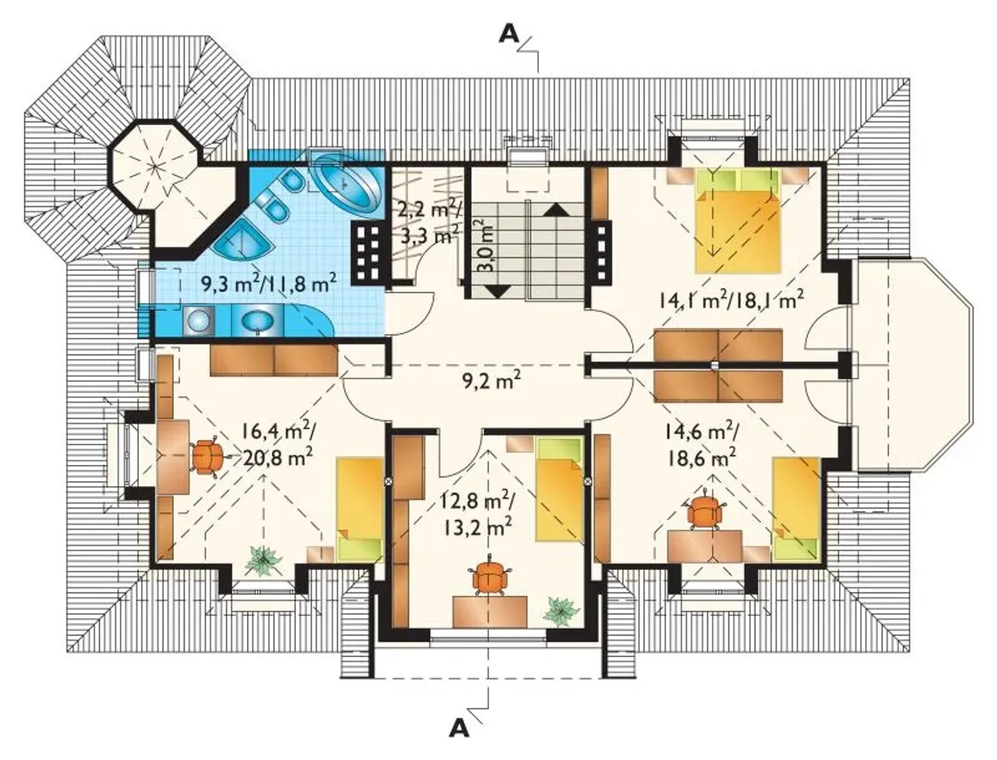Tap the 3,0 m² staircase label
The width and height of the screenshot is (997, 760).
(x=483, y=246)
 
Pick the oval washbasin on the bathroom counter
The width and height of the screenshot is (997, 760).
(x=258, y=322)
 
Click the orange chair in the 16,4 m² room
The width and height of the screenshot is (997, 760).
(x=207, y=457)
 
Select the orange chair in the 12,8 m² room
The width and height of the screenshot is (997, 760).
(x=488, y=576)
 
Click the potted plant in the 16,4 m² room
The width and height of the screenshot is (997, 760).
(x=262, y=561)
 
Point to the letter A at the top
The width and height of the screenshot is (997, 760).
(x=509, y=34)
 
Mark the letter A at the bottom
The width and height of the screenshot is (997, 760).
(x=459, y=728)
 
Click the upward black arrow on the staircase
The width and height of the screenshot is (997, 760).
(x=555, y=209)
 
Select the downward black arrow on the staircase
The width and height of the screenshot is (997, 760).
(x=498, y=290)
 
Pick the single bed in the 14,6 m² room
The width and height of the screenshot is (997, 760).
(x=796, y=509)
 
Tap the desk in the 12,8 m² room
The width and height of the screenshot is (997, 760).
(x=490, y=611)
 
